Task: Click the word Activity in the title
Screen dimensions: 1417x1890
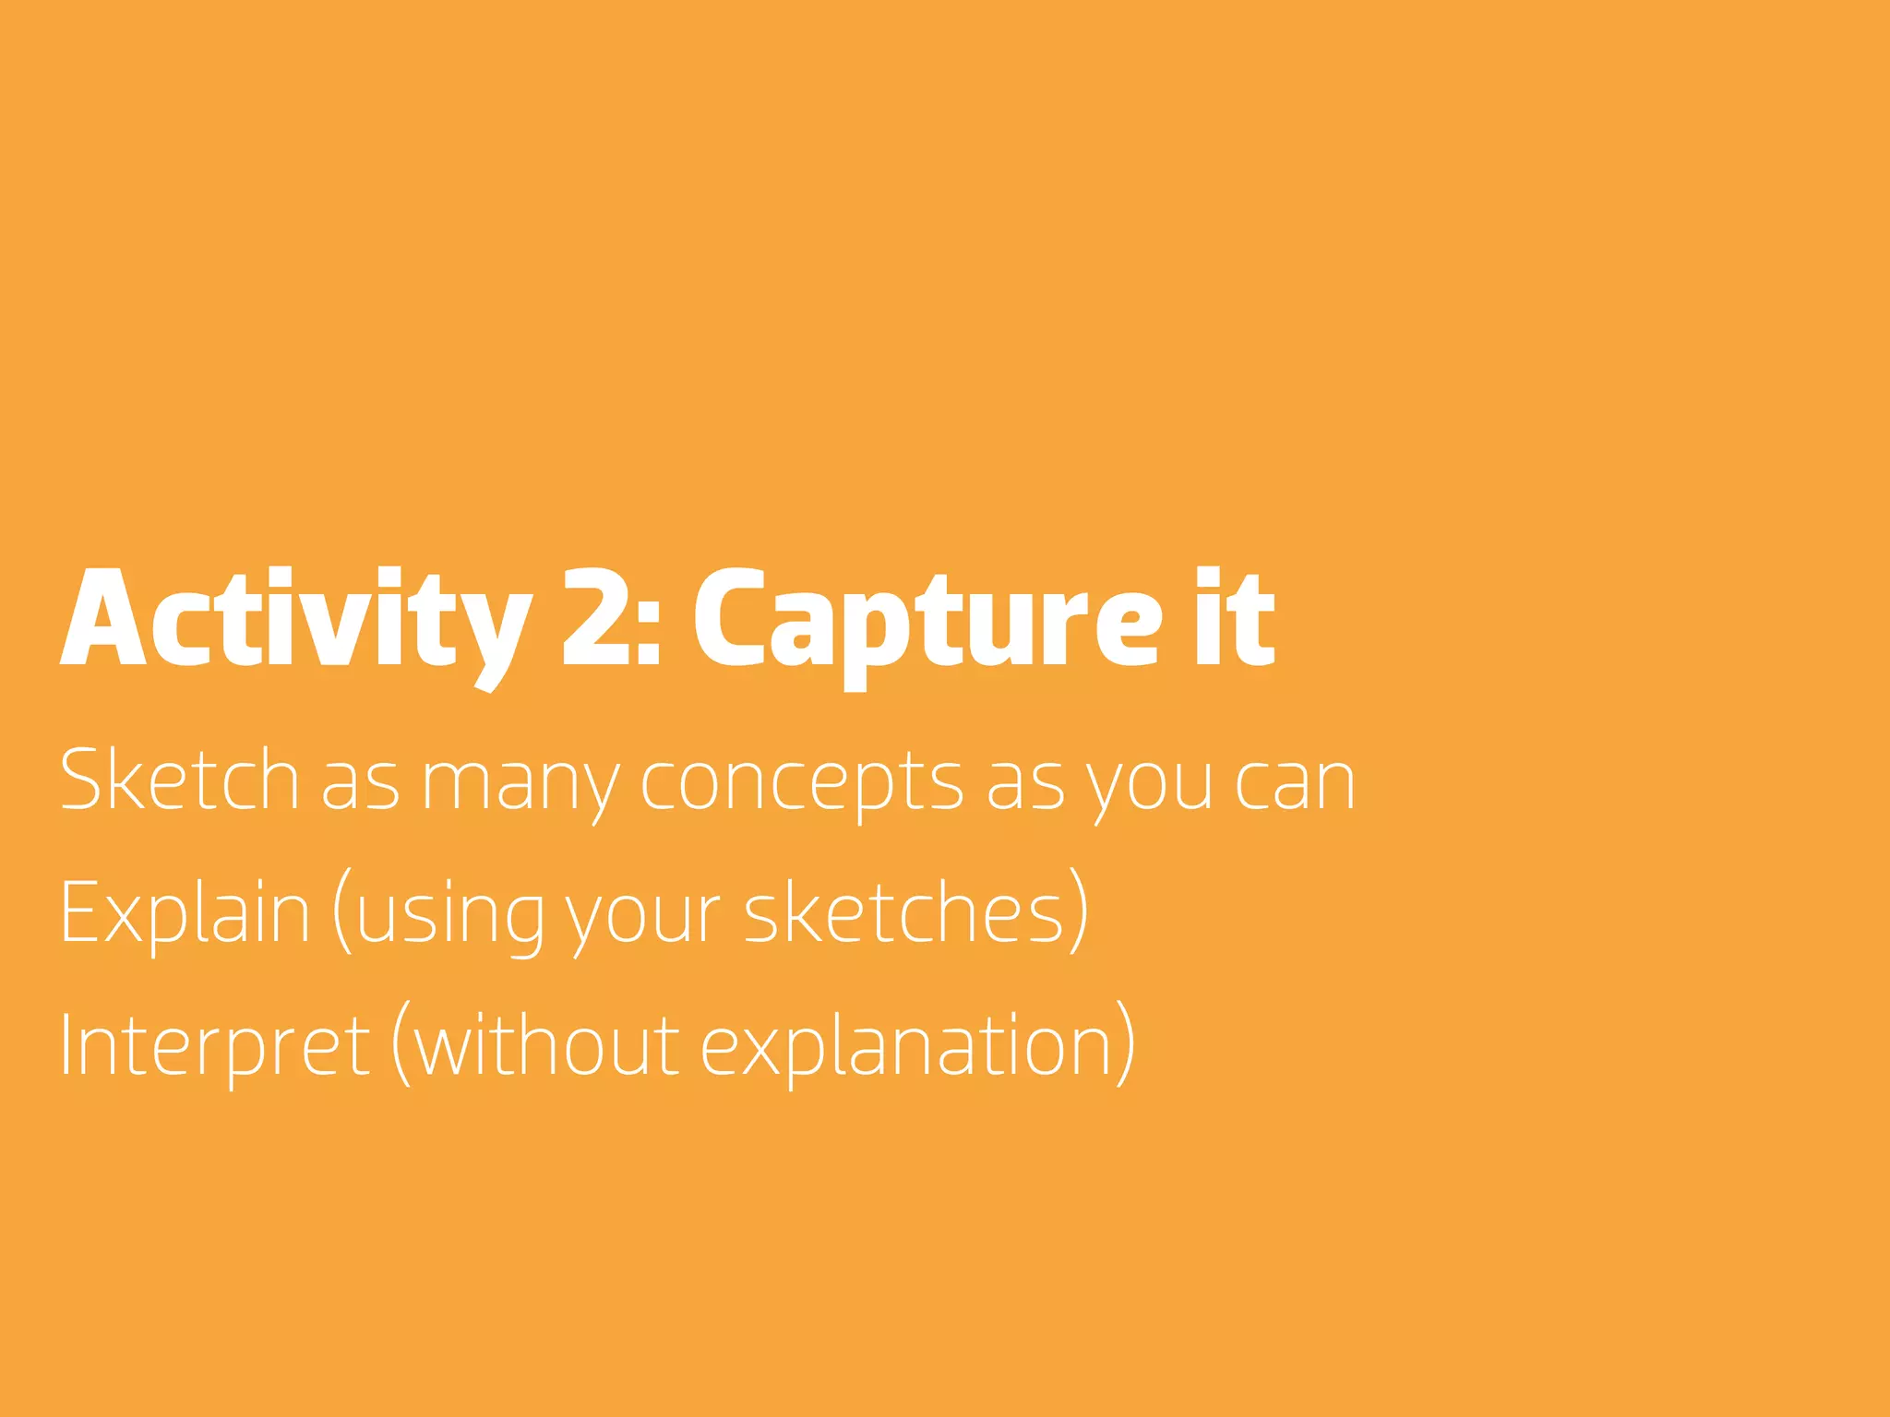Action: click(296, 618)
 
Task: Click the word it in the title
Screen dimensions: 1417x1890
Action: click(1235, 618)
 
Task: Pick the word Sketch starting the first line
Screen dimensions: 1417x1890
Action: click(179, 780)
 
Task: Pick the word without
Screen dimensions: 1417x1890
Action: click(546, 1046)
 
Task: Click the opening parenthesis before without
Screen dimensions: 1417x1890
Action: click(401, 1046)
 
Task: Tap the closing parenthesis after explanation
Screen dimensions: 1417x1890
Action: click(1125, 1046)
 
